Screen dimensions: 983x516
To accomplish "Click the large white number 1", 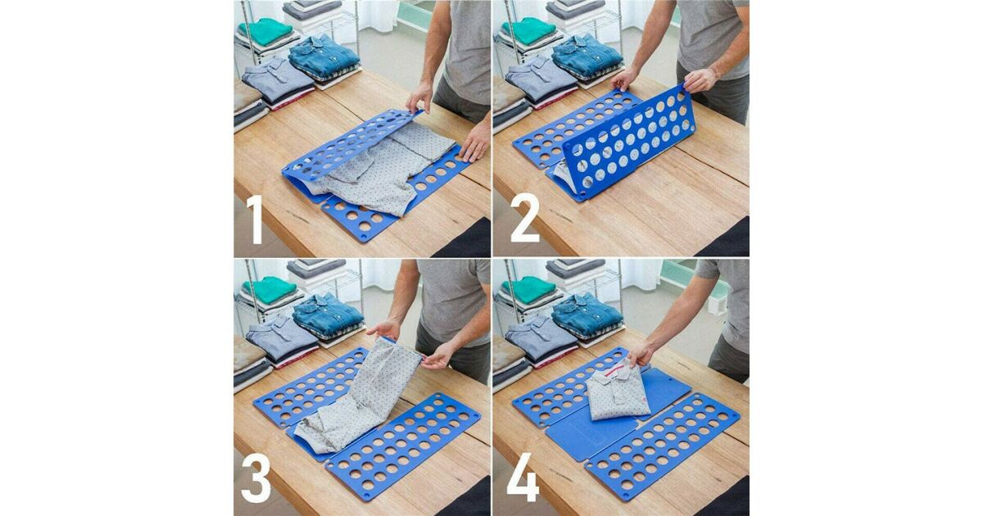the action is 256,220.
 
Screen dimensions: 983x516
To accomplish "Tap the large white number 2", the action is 525,218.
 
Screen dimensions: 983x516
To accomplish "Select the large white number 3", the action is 256,478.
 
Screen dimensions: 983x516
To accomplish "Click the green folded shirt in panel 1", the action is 266,31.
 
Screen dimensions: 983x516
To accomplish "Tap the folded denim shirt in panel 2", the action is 587,55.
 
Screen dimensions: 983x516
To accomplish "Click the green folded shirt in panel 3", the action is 270,290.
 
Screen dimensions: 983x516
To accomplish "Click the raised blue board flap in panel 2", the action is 628,141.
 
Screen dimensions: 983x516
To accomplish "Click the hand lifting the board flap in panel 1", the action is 419,97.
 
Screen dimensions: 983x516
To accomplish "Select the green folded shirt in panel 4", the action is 529,290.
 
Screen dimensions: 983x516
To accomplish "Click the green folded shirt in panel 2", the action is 529,31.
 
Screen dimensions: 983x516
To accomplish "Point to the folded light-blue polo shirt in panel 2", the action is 540,79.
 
